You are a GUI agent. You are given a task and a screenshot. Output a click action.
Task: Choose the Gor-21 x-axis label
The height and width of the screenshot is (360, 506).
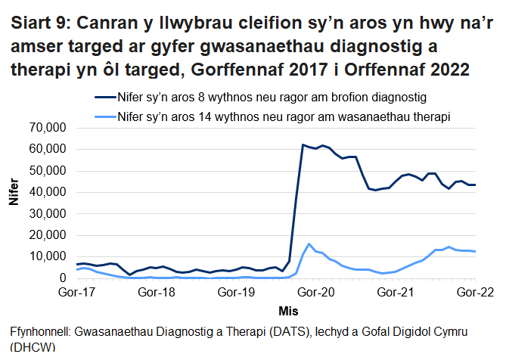[395, 291]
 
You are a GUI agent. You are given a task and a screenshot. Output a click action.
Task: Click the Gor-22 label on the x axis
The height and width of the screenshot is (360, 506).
[473, 291]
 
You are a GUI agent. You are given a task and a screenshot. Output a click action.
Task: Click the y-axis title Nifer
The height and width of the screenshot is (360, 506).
[13, 203]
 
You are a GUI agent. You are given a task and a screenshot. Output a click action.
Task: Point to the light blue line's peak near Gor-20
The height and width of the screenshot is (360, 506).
[309, 244]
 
